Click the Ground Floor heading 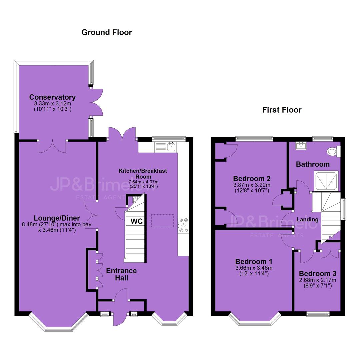click(107, 32)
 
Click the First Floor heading click(282, 110)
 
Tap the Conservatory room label click(52, 97)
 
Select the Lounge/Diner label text click(57, 218)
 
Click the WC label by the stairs click(137, 221)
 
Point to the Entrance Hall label click(121, 274)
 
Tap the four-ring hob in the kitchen click(183, 225)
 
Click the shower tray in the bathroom click(326, 181)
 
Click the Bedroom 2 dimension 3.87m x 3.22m click(252, 185)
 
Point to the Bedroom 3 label click(318, 273)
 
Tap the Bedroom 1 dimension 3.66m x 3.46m click(254, 268)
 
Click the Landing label click(307, 219)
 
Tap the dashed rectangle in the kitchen click(162, 221)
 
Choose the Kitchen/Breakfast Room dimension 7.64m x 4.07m click(143, 182)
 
